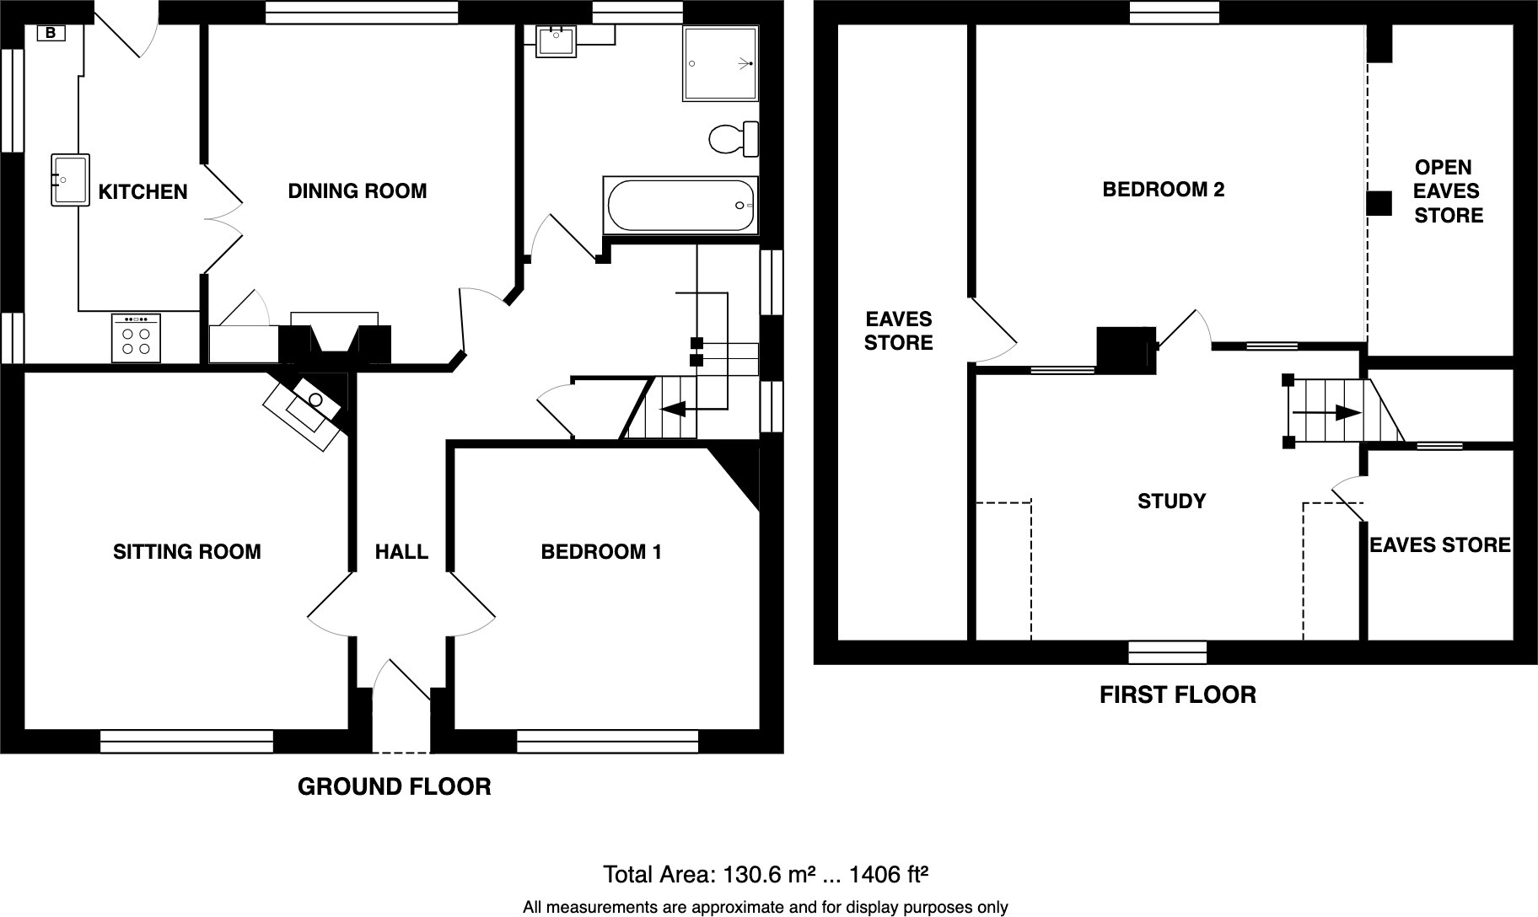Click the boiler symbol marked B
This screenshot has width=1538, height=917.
(51, 34)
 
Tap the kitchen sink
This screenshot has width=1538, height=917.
(70, 180)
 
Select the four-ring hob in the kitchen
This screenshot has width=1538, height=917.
(135, 338)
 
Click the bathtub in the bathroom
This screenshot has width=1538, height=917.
(680, 206)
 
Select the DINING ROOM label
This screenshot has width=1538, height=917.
(358, 191)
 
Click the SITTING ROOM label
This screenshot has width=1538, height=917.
(187, 552)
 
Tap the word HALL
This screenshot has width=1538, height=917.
(401, 552)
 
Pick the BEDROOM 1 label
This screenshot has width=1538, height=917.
(601, 552)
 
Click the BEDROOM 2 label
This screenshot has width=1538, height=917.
(1163, 190)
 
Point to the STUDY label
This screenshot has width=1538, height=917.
(1171, 501)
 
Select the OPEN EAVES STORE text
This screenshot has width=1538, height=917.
(1447, 191)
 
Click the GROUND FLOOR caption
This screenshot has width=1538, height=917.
(394, 787)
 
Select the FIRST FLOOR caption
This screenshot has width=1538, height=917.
(1177, 695)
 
